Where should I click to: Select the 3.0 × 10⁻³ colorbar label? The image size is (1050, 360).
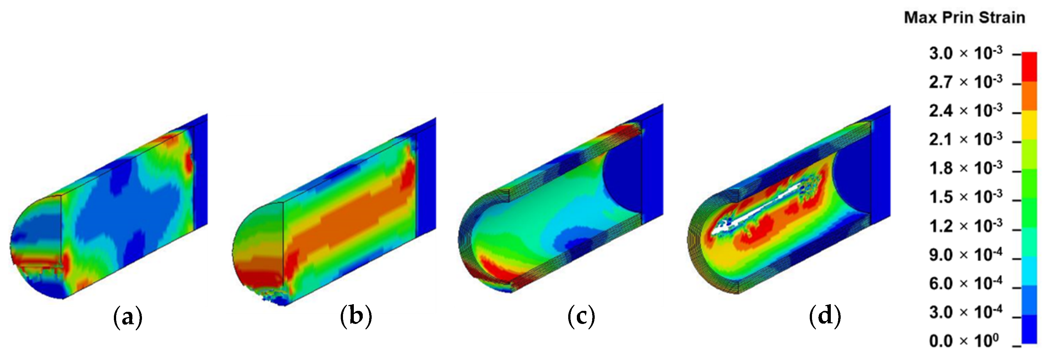point(965,53)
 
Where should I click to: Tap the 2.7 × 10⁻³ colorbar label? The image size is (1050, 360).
point(965,82)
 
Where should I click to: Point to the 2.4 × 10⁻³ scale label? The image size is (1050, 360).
point(965,110)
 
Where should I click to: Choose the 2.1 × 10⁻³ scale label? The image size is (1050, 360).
point(965,139)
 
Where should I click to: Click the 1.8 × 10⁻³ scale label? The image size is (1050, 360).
point(965,168)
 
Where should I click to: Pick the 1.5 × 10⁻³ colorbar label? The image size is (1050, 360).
point(965,197)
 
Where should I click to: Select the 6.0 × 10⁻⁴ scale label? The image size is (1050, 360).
point(965,283)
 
